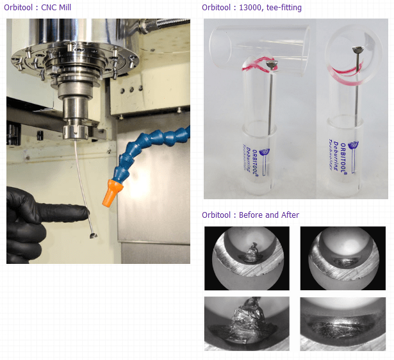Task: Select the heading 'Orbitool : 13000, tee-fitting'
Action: [x=251, y=8]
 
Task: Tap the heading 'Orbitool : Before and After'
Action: [x=250, y=215]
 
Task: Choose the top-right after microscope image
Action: [x=343, y=258]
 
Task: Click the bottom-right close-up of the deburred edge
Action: [x=343, y=323]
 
